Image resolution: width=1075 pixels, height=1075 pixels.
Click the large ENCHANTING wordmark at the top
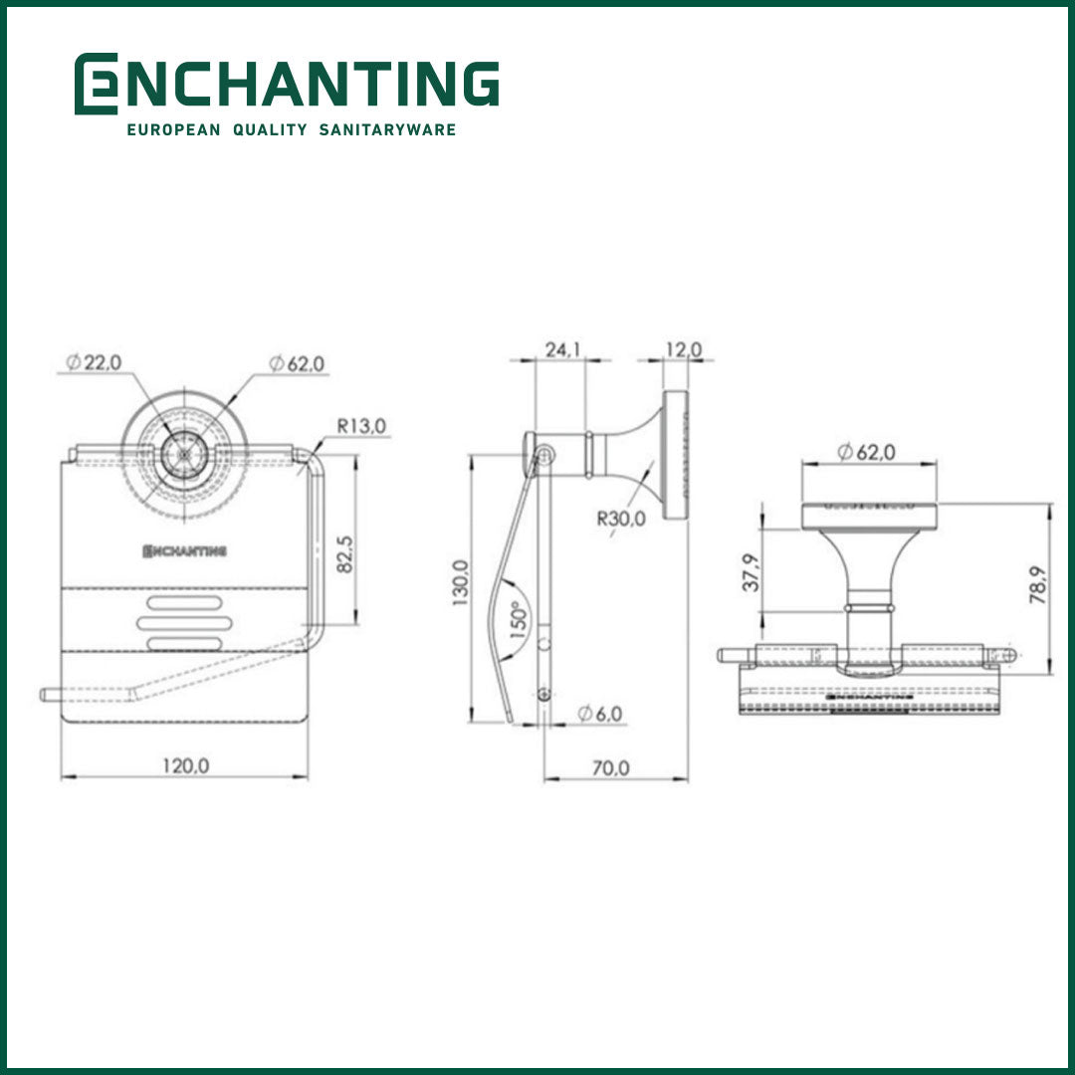pos(287,84)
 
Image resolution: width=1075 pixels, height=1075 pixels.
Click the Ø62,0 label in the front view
pos(296,364)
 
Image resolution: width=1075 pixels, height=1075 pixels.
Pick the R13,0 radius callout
pos(361,426)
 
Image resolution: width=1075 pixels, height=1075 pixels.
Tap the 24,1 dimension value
pos(561,349)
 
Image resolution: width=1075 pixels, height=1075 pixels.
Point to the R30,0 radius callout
pos(621,518)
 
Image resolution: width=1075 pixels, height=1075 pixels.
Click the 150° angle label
pos(518,622)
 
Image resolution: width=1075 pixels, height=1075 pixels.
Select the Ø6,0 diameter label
pos(599,714)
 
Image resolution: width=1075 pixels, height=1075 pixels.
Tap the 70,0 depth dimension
pos(610,767)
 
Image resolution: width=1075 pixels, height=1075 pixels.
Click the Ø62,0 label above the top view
pos(866,452)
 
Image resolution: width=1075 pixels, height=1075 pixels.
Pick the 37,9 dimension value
pos(752,572)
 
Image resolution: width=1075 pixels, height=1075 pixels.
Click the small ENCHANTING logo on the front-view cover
pos(185,550)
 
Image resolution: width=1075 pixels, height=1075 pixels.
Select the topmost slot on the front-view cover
pos(186,602)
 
